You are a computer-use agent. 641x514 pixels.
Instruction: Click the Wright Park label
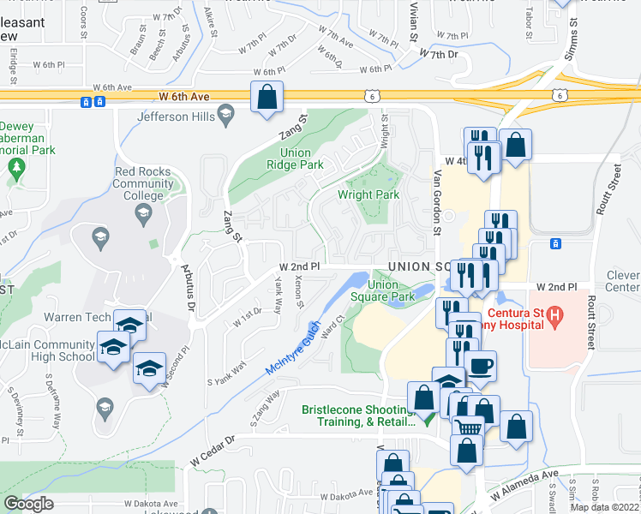coord(368,194)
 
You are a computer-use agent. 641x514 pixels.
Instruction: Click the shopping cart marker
coord(467,426)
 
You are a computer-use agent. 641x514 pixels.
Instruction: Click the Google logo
coord(28,504)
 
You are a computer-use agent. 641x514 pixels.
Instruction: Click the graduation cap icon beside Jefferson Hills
coord(225,111)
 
